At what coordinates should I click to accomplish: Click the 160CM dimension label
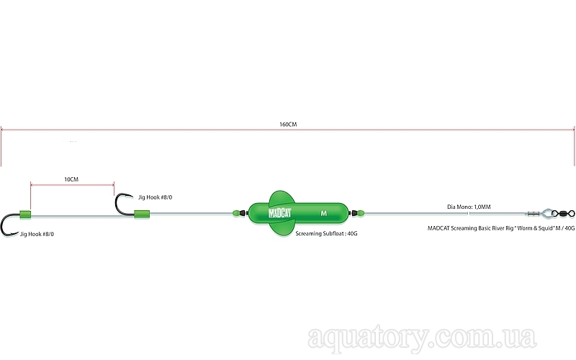point(288,125)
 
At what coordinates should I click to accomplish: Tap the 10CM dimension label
point(71,179)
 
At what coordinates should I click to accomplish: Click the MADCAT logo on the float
point(280,213)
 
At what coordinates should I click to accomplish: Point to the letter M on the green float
point(323,213)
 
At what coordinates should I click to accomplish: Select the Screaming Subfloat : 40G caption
point(327,233)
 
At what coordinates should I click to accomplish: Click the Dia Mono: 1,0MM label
point(469,207)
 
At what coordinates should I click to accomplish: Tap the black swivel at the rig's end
point(564,212)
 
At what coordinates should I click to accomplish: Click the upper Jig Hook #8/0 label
point(155,197)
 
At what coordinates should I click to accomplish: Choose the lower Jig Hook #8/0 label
point(37,234)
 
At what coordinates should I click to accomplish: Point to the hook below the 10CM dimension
point(117,208)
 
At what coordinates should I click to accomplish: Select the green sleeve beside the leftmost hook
point(25,214)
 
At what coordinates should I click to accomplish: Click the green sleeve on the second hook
point(142,214)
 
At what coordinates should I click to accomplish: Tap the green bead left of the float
point(236,213)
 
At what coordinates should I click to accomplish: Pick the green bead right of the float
point(361,213)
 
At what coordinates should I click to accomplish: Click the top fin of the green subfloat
point(282,197)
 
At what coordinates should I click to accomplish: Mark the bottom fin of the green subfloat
point(282,228)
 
